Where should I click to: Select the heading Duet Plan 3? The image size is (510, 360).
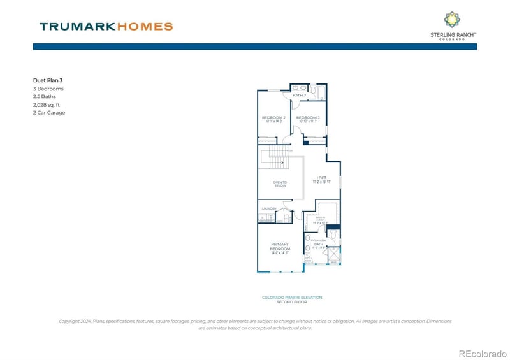(x=48, y=80)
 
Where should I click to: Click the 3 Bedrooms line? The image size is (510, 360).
(x=48, y=89)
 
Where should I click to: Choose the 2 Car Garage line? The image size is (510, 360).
(x=49, y=113)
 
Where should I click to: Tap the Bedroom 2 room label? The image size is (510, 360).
(x=273, y=118)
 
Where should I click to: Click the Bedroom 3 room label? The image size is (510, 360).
(x=308, y=118)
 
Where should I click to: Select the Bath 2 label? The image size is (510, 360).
(x=300, y=95)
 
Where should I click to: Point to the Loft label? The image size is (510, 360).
(x=321, y=178)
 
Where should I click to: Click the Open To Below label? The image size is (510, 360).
(x=280, y=184)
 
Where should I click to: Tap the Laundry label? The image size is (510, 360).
(x=268, y=208)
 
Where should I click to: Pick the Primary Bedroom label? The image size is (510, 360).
(x=280, y=247)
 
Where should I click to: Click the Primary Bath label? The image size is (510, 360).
(x=319, y=242)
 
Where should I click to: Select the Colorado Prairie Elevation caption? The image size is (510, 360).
(x=292, y=297)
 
